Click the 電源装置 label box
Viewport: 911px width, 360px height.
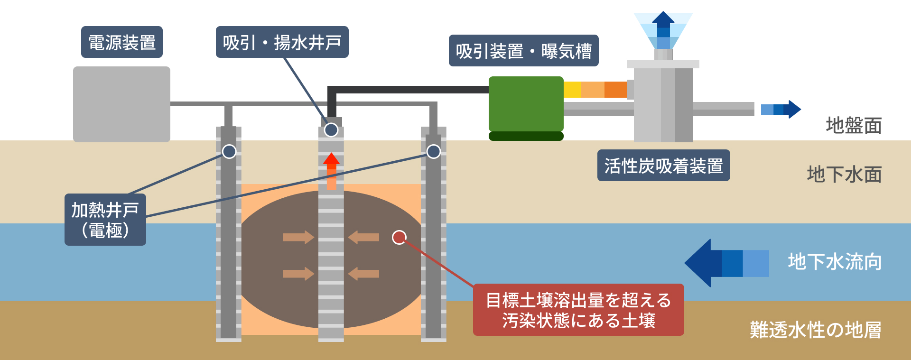coord(121,42)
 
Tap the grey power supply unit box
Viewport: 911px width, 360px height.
coord(121,104)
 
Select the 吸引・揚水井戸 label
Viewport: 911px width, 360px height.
coord(282,42)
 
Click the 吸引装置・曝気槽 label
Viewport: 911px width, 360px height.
coord(523,51)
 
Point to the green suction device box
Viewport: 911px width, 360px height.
coord(526,104)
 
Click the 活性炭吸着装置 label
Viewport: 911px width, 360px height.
coord(663,166)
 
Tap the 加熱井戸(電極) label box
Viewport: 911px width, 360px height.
coord(105,220)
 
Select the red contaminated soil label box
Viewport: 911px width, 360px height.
coord(578,310)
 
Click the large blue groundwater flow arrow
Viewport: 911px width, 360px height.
coord(726,263)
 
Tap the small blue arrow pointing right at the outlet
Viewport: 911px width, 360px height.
coord(781,110)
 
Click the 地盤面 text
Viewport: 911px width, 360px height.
coord(853,126)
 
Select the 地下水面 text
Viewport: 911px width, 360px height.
coord(844,175)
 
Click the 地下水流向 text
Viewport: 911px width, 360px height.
coord(835,262)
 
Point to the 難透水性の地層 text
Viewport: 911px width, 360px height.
coord(815,330)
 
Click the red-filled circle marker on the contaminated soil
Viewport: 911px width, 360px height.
coord(399,237)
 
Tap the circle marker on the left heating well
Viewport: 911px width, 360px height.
coord(229,152)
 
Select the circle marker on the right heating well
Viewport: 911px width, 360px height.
coord(434,152)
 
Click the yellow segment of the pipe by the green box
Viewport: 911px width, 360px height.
coord(572,90)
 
